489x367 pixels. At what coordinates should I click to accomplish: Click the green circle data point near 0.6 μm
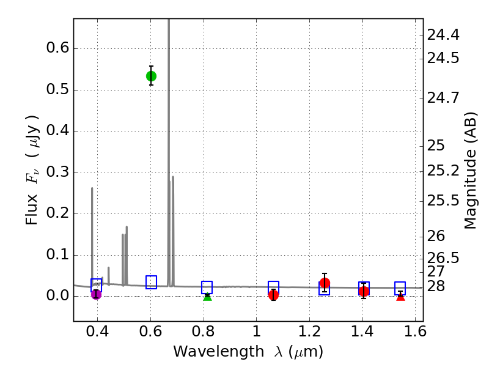151,76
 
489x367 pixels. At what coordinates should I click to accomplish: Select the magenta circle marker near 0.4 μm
96,294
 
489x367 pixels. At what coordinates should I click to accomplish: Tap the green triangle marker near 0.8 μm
207,297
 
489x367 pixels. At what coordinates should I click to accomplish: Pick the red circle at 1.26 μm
325,283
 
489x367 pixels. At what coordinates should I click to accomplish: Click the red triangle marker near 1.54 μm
400,297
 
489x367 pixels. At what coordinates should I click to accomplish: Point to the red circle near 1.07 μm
273,295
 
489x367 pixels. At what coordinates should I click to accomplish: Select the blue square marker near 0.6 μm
151,282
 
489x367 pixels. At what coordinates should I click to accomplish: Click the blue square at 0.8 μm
207,287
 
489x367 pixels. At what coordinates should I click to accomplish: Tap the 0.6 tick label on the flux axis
54,49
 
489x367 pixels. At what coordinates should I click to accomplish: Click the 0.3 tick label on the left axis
54,173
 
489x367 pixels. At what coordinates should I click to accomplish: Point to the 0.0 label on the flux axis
54,297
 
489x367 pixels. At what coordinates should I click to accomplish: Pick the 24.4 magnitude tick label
443,35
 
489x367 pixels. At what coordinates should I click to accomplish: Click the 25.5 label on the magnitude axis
443,201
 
